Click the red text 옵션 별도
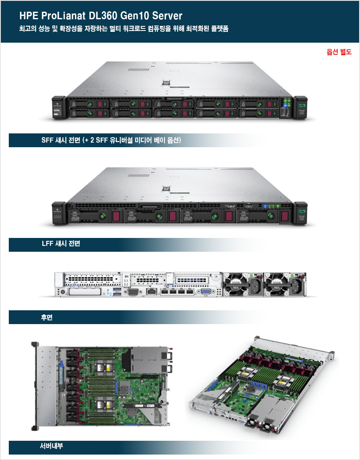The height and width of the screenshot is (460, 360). [x=339, y=52]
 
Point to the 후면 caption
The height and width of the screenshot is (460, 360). [x=46, y=317]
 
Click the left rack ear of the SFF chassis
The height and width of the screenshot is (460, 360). [x=57, y=107]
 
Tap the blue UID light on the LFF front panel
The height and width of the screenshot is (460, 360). [x=265, y=206]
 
